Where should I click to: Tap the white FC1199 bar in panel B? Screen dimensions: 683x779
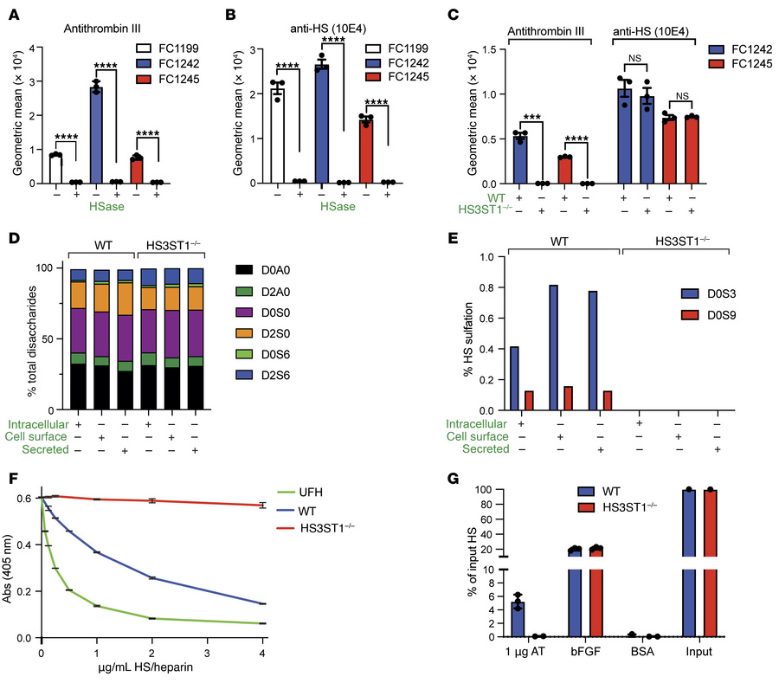(276, 136)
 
